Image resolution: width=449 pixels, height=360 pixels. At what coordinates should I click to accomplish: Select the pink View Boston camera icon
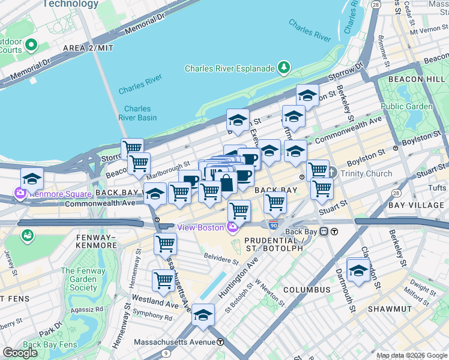232,227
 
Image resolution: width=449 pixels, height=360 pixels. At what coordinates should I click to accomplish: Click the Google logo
20,352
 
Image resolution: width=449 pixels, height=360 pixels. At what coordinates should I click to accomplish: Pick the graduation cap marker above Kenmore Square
32,179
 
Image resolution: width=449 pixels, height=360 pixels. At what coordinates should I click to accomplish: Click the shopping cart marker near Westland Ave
164,280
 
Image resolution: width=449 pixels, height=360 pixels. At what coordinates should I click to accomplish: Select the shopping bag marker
226,184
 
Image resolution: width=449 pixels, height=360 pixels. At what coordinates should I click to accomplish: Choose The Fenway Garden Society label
79,279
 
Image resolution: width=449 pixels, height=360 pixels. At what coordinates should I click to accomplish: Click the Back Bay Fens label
50,344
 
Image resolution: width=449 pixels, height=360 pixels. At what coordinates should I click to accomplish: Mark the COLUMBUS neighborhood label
306,290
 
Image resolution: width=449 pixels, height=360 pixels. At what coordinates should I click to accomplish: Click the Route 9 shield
165,353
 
